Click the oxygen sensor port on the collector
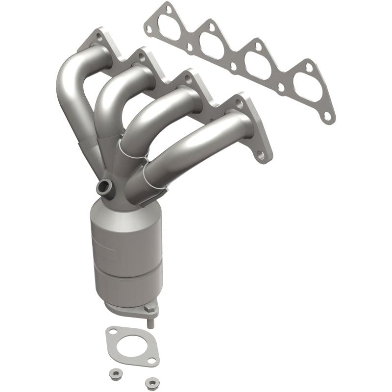(x=104, y=187)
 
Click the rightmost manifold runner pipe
(x=196, y=147)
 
